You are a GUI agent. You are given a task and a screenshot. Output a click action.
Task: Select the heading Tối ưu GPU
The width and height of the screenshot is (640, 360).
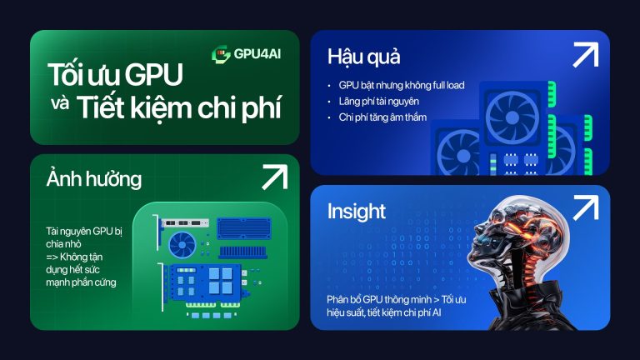[116, 77]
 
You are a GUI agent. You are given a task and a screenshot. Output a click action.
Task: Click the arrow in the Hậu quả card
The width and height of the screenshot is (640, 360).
[584, 55]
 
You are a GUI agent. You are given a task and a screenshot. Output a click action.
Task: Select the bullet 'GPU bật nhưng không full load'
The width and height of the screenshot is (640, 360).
[401, 85]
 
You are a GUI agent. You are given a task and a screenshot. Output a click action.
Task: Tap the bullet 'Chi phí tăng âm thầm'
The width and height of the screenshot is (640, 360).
[382, 117]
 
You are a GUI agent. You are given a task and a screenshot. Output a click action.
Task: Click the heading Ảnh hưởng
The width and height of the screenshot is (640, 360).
[94, 179]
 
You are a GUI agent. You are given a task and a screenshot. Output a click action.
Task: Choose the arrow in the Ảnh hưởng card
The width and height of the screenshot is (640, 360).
[273, 177]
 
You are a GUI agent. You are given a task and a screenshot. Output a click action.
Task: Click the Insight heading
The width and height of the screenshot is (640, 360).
[356, 211]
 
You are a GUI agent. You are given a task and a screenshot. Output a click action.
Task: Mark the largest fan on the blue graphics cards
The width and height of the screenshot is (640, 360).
[513, 116]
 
